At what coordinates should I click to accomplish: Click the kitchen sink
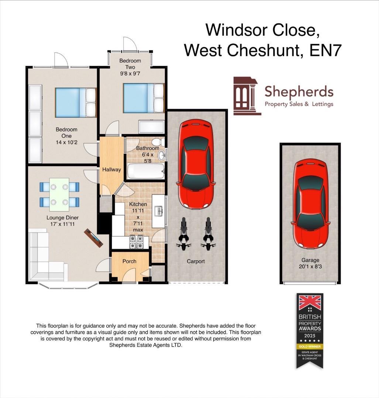(159, 211)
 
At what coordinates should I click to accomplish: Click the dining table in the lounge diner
(59, 192)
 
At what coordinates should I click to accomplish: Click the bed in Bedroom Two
(143, 98)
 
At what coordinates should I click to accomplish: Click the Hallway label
(112, 170)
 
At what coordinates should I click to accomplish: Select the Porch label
(129, 261)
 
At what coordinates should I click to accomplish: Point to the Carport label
(196, 261)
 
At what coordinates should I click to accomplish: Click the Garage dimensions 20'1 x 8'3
(310, 267)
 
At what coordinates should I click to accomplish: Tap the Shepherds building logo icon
(247, 95)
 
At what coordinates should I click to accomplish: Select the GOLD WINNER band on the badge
(310, 346)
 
